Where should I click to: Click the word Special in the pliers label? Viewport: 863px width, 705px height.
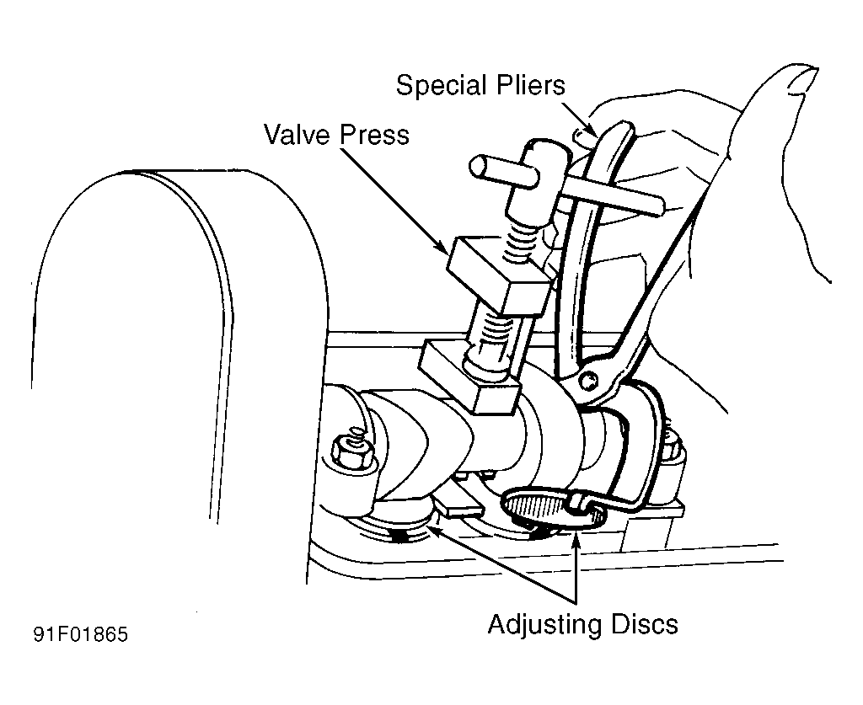click(x=442, y=86)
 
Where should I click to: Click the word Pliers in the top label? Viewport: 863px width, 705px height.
click(x=531, y=85)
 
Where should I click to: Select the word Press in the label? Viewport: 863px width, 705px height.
click(x=374, y=135)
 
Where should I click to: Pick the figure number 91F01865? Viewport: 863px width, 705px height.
click(x=81, y=634)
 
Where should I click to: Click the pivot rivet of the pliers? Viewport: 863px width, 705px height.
click(x=590, y=379)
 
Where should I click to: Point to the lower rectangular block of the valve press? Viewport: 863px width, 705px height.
click(x=469, y=377)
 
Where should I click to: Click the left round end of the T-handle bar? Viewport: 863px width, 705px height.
click(x=477, y=167)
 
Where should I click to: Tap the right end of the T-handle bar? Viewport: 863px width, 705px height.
click(x=658, y=206)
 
